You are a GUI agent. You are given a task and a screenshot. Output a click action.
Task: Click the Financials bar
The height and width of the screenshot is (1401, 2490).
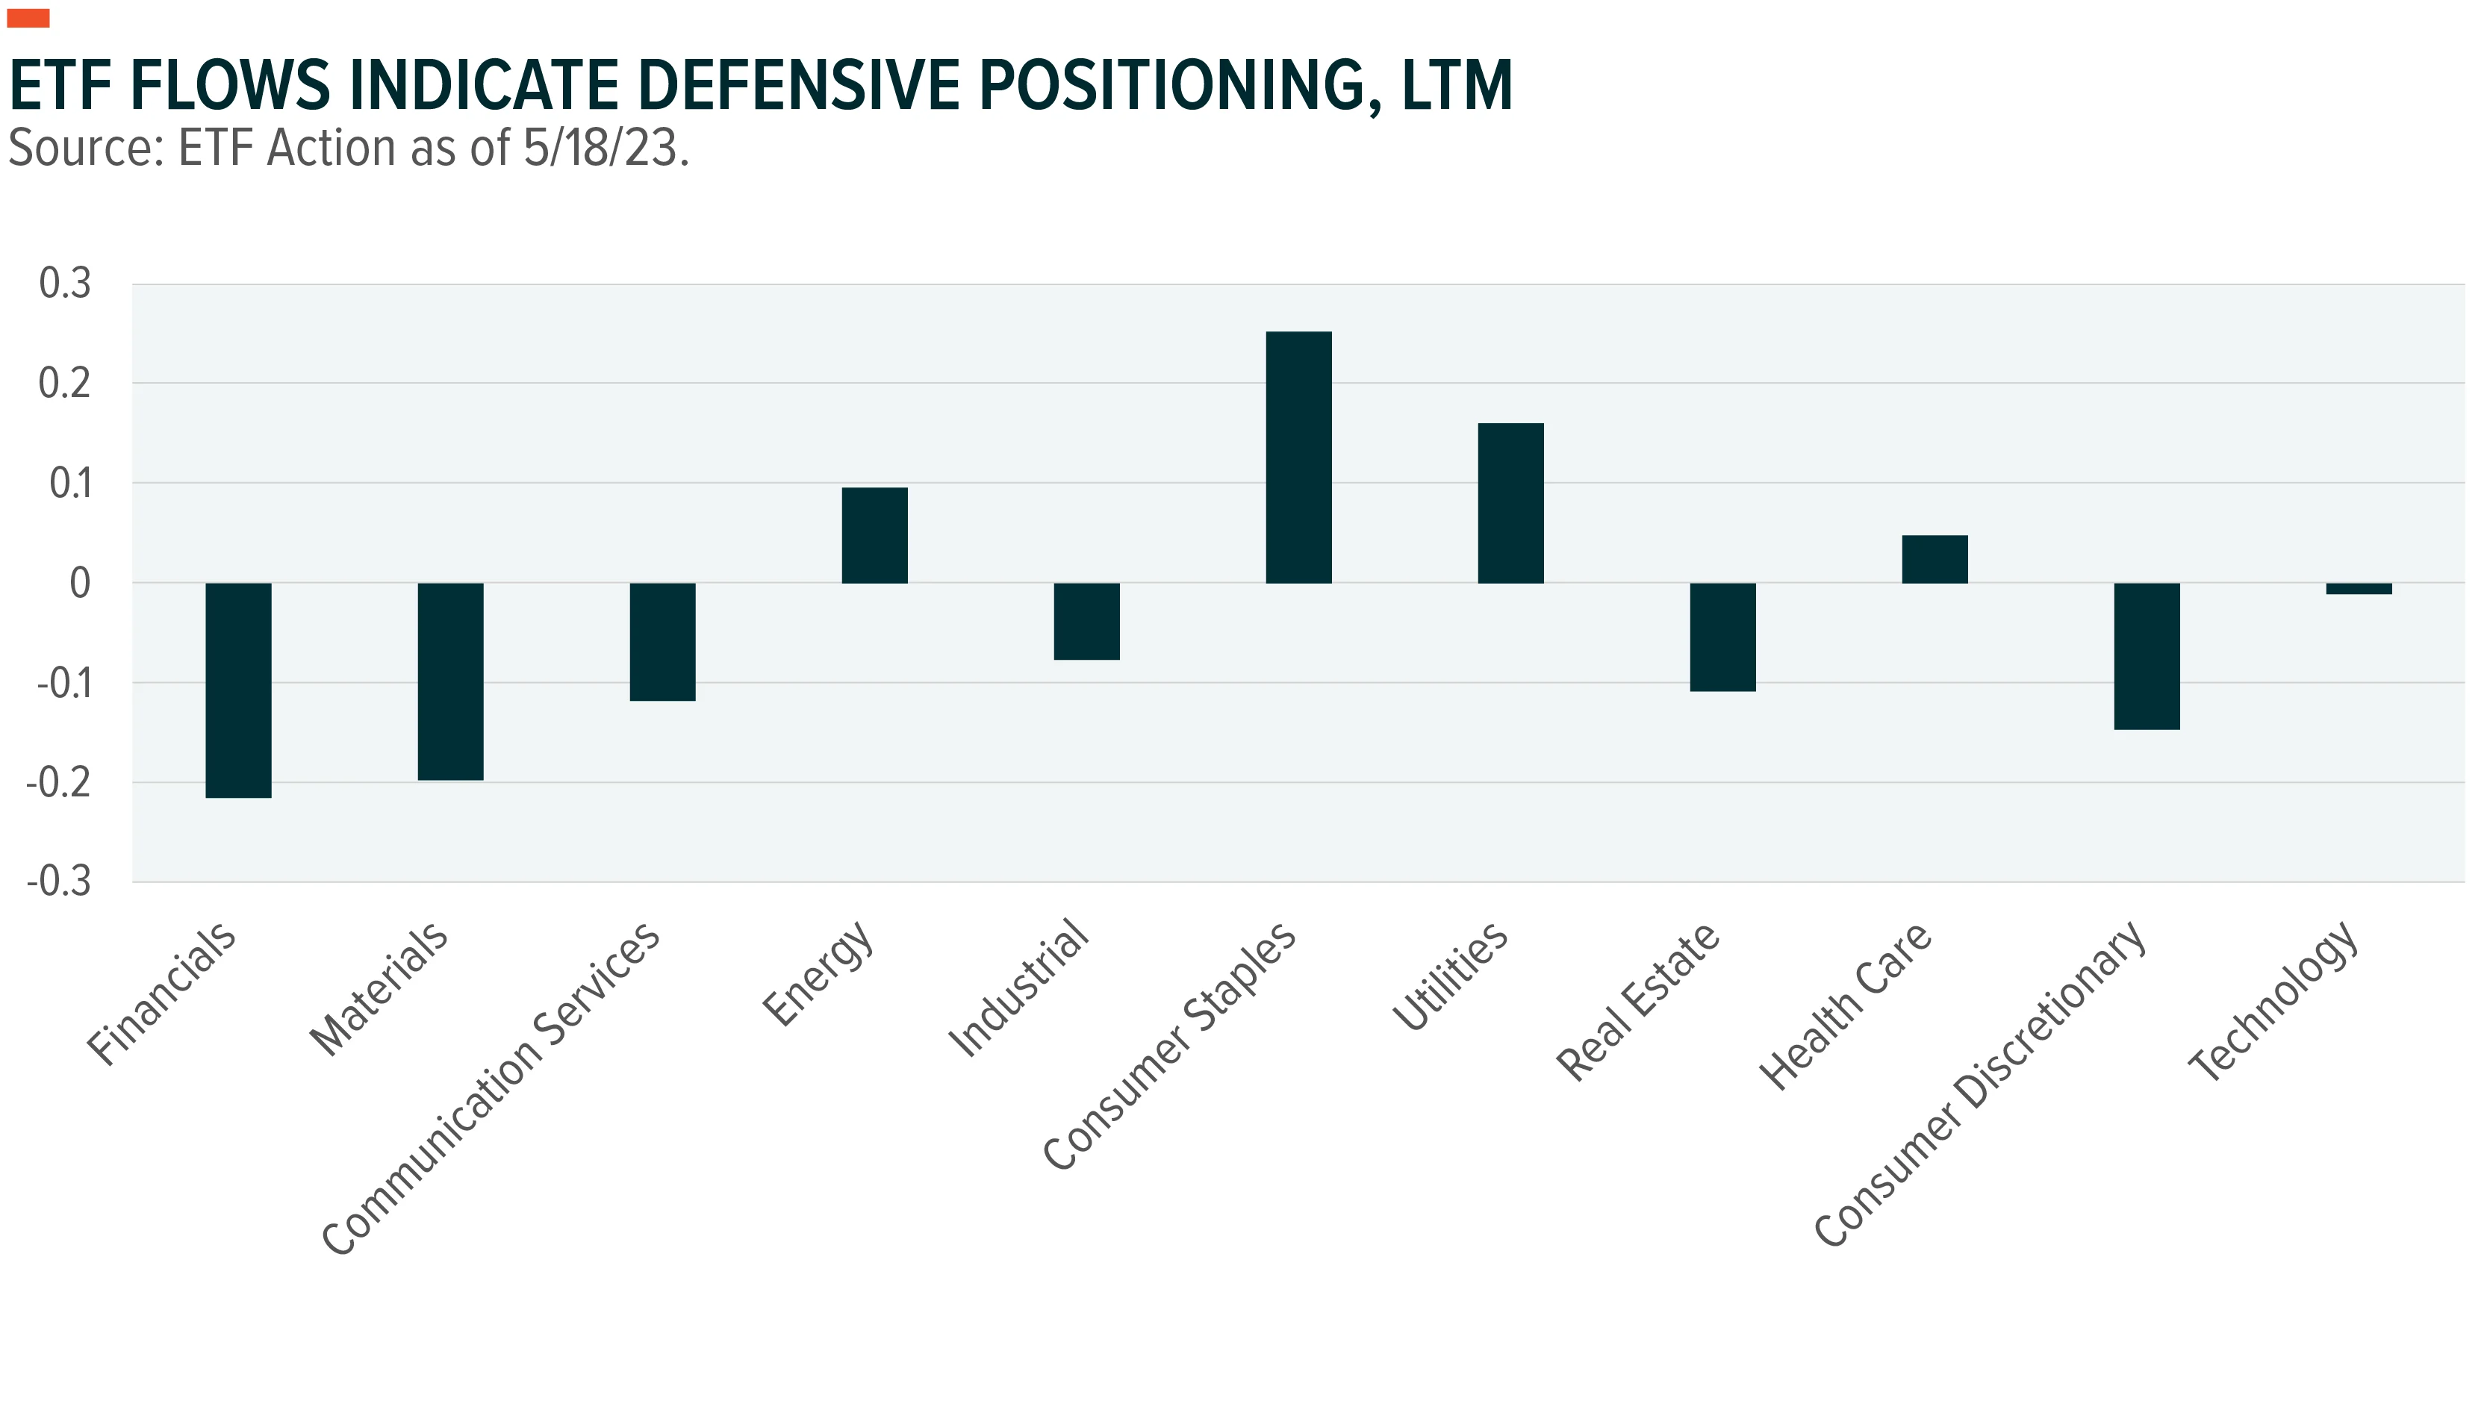(x=239, y=690)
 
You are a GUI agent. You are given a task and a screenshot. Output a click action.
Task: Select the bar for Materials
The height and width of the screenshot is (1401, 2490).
(x=450, y=681)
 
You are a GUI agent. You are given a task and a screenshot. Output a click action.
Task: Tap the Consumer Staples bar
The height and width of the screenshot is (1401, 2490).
(x=1299, y=457)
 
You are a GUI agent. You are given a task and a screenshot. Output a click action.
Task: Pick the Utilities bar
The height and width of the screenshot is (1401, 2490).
(x=1511, y=503)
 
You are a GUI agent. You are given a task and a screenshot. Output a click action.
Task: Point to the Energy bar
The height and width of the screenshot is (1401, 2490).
(x=875, y=535)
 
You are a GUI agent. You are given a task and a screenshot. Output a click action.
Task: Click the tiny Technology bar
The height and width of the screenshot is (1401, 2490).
(x=2359, y=588)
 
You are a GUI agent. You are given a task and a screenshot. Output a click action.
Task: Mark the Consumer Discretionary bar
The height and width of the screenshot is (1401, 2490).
(x=2147, y=656)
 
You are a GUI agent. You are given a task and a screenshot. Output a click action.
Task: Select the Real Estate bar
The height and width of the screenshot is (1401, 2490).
(x=1723, y=637)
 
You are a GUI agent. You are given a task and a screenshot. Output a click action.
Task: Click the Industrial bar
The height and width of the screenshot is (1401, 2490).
(x=1086, y=621)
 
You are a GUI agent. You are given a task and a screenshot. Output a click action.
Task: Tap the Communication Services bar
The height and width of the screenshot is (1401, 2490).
(x=663, y=642)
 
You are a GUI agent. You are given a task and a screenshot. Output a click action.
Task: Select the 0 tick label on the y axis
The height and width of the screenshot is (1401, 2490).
(x=80, y=583)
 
